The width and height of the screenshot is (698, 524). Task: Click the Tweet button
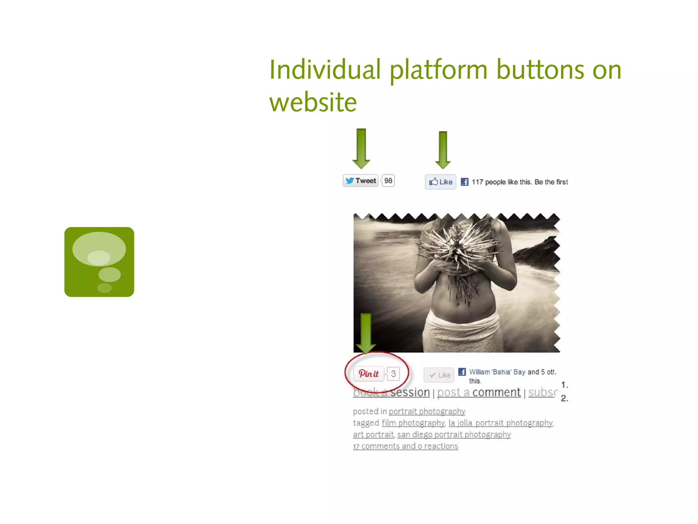[361, 180]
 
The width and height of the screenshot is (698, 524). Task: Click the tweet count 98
[388, 180]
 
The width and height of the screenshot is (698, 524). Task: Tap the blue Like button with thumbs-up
[440, 182]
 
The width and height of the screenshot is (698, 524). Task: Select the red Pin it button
[368, 374]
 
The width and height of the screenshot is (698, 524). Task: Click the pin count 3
[393, 374]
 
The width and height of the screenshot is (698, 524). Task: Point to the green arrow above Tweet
[361, 149]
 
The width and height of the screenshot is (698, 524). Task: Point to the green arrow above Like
[443, 150]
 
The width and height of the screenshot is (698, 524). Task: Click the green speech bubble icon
[99, 262]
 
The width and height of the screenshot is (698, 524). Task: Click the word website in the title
[313, 102]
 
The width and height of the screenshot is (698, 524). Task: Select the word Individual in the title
[325, 70]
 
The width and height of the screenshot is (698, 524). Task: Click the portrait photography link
[427, 411]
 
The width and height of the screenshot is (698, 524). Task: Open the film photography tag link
[413, 423]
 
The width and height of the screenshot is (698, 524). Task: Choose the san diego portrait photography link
[454, 435]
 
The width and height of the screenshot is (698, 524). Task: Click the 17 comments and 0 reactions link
[406, 446]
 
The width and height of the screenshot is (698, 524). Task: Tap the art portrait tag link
[374, 435]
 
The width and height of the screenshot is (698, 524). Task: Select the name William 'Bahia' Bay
[497, 372]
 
